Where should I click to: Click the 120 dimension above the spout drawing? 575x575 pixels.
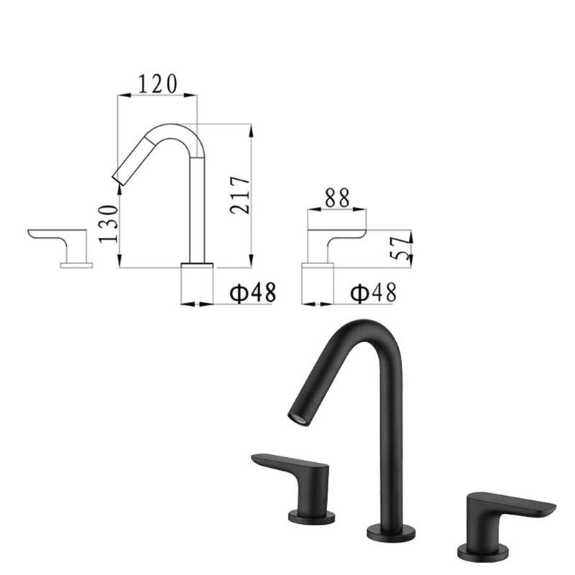pos(157,84)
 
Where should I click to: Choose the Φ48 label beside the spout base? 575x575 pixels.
pos(252,293)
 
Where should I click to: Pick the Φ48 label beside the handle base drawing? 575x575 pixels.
pos(373,293)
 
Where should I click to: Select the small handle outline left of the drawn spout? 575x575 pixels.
pos(61,244)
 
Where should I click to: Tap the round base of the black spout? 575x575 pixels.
pos(390,533)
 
